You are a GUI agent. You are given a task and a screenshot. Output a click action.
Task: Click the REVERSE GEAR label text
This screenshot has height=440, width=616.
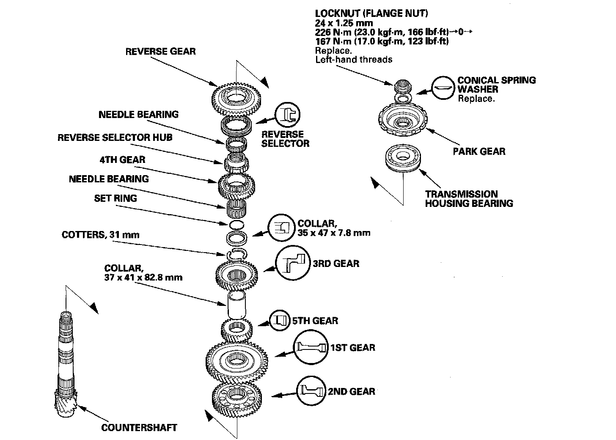point(160,52)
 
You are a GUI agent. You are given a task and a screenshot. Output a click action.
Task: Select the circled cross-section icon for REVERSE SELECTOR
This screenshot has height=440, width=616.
point(288,114)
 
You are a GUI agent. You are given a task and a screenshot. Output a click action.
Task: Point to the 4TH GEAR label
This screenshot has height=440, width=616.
point(122,159)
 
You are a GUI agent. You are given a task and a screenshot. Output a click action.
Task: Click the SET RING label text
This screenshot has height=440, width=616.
point(115,198)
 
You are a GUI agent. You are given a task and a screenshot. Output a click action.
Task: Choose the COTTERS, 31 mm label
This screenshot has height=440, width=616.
point(100,234)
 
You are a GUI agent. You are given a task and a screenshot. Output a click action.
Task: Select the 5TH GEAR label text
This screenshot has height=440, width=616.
point(315,320)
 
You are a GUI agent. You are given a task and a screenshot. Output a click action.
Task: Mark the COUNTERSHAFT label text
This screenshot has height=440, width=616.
point(139,427)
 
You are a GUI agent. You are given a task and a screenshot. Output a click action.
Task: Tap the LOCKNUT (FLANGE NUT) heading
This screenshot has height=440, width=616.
point(371,14)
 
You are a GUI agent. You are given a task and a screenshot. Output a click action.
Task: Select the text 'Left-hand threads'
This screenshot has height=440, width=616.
point(354,59)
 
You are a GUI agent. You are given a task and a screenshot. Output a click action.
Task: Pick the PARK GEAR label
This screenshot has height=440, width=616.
point(479,151)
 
